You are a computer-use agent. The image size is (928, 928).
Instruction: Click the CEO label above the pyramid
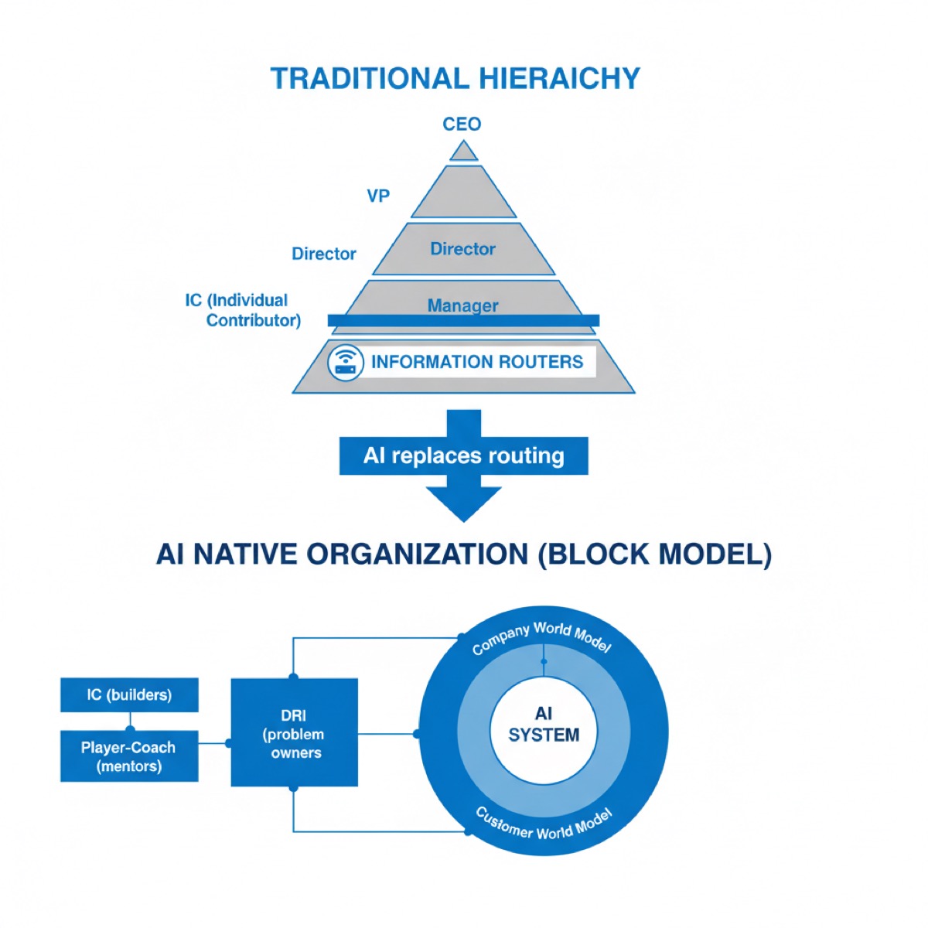coord(462,124)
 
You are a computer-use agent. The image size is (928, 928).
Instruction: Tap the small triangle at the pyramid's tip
coord(463,152)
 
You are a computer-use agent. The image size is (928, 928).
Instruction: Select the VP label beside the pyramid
coord(378,196)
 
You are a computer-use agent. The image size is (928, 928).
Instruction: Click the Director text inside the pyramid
coord(462,249)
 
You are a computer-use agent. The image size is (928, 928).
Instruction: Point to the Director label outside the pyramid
coord(323,254)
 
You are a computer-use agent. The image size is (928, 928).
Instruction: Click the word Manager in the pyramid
coord(462,305)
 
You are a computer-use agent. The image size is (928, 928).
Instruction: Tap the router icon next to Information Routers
coord(345,362)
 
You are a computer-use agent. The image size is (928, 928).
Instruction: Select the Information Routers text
coord(477,362)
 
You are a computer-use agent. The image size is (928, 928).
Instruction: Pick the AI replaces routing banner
coord(463,455)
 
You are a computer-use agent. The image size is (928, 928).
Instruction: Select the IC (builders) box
coord(129,694)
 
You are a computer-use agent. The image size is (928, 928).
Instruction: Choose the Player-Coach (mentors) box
coord(129,756)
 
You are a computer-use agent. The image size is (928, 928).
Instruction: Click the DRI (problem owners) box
coord(295,733)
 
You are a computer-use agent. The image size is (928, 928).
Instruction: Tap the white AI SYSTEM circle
coord(544,725)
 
